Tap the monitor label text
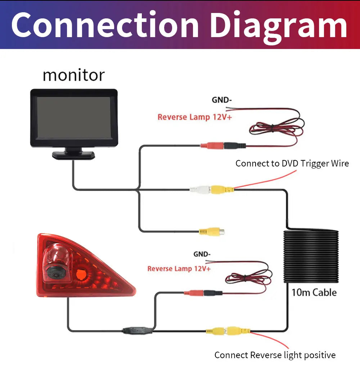point(73,76)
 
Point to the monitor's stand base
point(73,155)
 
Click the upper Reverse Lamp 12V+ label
point(194,117)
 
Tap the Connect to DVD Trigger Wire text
point(292,164)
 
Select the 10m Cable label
point(314,292)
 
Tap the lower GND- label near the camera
point(202,254)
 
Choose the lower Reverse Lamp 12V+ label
point(179,269)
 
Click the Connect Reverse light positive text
point(275,355)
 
